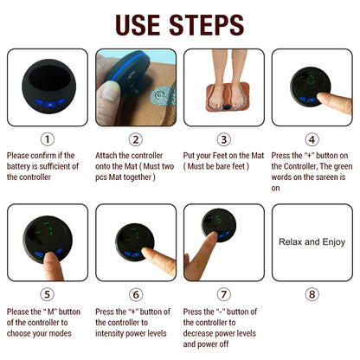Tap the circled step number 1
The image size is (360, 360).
pyautogui.click(x=47, y=138)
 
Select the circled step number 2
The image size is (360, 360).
pyautogui.click(x=136, y=138)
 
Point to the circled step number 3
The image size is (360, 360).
pyautogui.click(x=224, y=138)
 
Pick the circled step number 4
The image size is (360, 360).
pyautogui.click(x=312, y=138)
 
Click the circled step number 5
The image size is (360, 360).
pyautogui.click(x=47, y=293)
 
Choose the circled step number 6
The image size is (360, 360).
pyautogui.click(x=136, y=293)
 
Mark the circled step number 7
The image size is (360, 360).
pyautogui.click(x=224, y=293)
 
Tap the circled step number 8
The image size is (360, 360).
pyautogui.click(x=312, y=293)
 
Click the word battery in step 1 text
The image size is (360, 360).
pyautogui.click(x=23, y=165)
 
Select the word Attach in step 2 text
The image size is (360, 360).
pyautogui.click(x=109, y=155)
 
